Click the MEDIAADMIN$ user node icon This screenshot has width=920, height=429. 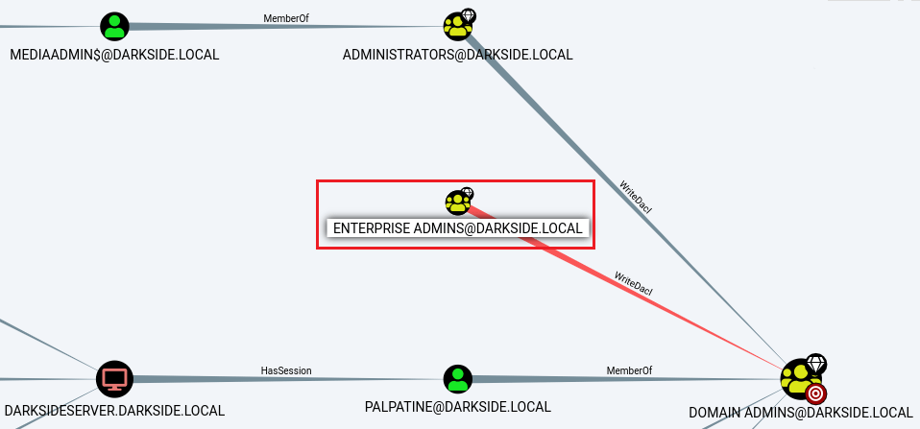[114, 26]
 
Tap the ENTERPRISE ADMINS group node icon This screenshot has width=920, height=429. [457, 202]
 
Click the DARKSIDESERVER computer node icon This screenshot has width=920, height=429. [114, 378]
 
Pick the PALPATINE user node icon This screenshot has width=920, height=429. [458, 379]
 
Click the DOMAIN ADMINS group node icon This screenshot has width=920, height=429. [799, 379]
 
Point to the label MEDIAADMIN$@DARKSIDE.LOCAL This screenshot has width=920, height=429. [114, 55]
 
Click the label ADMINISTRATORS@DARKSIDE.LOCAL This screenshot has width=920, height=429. [458, 55]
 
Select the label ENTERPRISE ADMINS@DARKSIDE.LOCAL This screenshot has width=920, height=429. [458, 228]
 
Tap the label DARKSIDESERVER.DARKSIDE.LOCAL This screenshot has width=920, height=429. [114, 410]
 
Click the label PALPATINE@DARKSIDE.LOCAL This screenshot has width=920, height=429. [458, 407]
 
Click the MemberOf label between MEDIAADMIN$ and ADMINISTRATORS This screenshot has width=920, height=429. [286, 18]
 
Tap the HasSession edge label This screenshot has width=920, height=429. [286, 370]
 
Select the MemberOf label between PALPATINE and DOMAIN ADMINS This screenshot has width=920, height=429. [629, 370]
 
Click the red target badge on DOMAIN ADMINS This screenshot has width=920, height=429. [815, 393]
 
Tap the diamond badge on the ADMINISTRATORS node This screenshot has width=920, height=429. [469, 15]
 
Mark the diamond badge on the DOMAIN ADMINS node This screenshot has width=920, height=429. [815, 363]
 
